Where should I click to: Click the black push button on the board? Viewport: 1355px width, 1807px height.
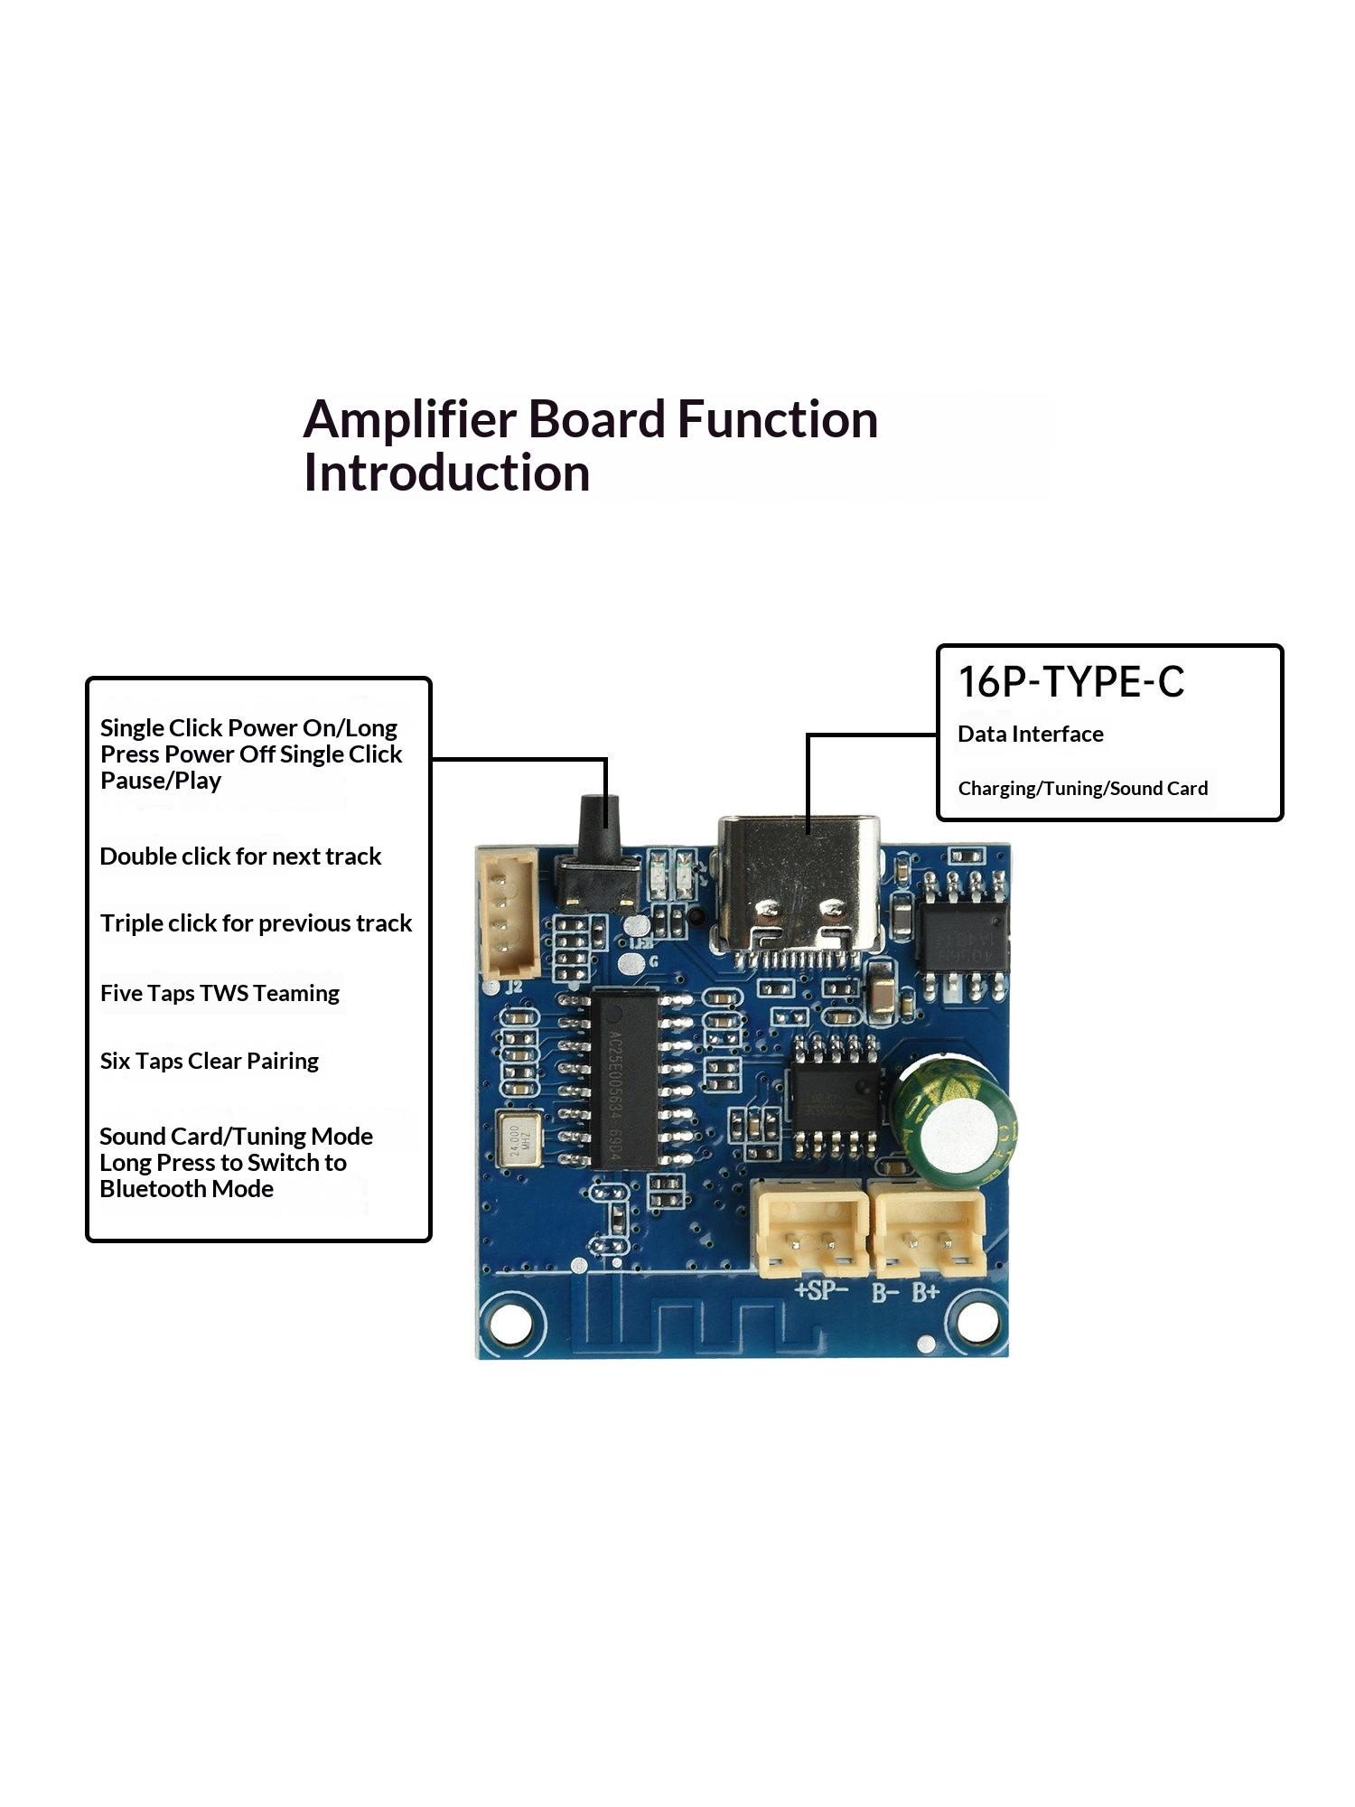click(x=598, y=854)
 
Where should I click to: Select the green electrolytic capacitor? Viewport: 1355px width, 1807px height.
click(x=953, y=1122)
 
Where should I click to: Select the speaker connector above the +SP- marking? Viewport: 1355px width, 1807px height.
click(x=810, y=1230)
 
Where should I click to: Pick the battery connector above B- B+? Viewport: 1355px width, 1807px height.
click(x=927, y=1230)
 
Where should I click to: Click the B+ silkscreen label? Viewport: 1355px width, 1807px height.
click(x=926, y=1293)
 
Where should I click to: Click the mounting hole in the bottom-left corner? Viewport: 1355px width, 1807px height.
click(x=511, y=1324)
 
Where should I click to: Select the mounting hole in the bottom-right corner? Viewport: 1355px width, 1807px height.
click(x=977, y=1322)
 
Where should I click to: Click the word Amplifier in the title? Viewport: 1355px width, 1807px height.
click(x=409, y=420)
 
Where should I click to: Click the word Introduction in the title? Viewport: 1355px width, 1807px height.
click(x=447, y=473)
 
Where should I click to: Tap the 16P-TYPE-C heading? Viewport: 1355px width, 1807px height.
click(x=1070, y=682)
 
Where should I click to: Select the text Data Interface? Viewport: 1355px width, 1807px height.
click(x=1031, y=734)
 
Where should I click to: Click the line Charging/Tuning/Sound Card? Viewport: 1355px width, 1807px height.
click(x=1083, y=788)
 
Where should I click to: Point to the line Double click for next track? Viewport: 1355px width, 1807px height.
click(x=240, y=856)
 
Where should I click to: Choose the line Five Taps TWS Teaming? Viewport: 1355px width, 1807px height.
click(x=220, y=993)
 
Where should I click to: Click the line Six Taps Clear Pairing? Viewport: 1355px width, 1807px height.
click(x=210, y=1061)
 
